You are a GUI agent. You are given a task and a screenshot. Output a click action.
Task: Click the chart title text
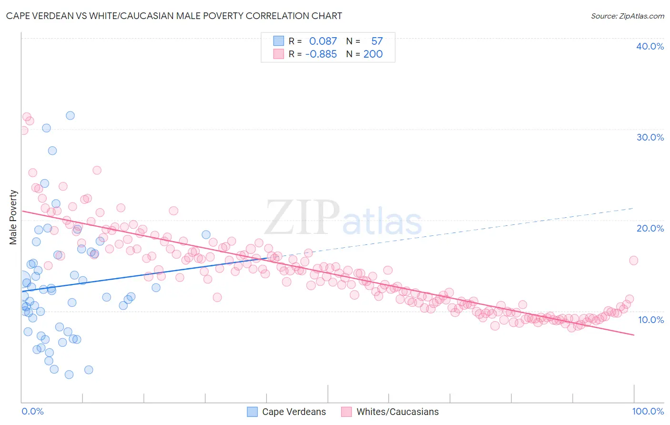click(x=174, y=16)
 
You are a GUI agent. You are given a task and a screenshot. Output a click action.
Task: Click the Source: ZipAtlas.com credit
click(x=627, y=16)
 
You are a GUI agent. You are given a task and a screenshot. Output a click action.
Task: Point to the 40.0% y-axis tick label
click(x=650, y=46)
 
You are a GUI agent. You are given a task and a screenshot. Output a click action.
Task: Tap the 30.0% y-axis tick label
click(x=650, y=137)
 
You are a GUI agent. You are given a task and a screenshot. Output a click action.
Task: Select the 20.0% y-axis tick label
click(x=650, y=228)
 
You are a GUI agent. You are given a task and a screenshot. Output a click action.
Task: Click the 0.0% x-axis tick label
click(x=32, y=411)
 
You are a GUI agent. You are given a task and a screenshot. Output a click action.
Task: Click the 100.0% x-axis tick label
click(x=648, y=411)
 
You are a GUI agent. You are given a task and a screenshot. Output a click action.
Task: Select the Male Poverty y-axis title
click(x=13, y=217)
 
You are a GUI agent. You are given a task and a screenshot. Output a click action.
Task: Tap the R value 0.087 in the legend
click(x=323, y=41)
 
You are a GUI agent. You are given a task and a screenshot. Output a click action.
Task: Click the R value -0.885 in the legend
click(x=321, y=54)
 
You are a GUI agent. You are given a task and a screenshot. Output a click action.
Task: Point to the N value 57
click(x=377, y=41)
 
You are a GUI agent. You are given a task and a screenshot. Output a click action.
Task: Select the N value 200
click(x=373, y=54)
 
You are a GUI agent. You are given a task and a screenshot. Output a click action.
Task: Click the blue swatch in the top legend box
click(x=278, y=41)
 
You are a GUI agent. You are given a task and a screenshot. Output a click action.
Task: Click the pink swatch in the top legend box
click(x=278, y=54)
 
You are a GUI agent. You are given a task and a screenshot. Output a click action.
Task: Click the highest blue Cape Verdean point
click(x=70, y=115)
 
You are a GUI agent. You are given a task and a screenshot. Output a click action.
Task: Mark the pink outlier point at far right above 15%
click(x=633, y=260)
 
